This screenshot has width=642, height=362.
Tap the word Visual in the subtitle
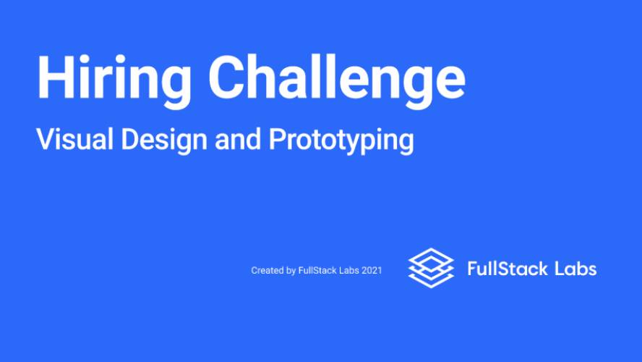coord(74,139)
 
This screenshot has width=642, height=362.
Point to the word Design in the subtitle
coord(164,141)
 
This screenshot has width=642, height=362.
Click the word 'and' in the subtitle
coord(238,139)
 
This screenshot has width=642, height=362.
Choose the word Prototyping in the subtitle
coord(341,141)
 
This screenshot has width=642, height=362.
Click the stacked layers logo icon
coord(431,268)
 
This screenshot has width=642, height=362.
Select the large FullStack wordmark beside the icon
coord(508,269)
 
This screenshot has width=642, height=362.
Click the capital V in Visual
coord(46,139)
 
